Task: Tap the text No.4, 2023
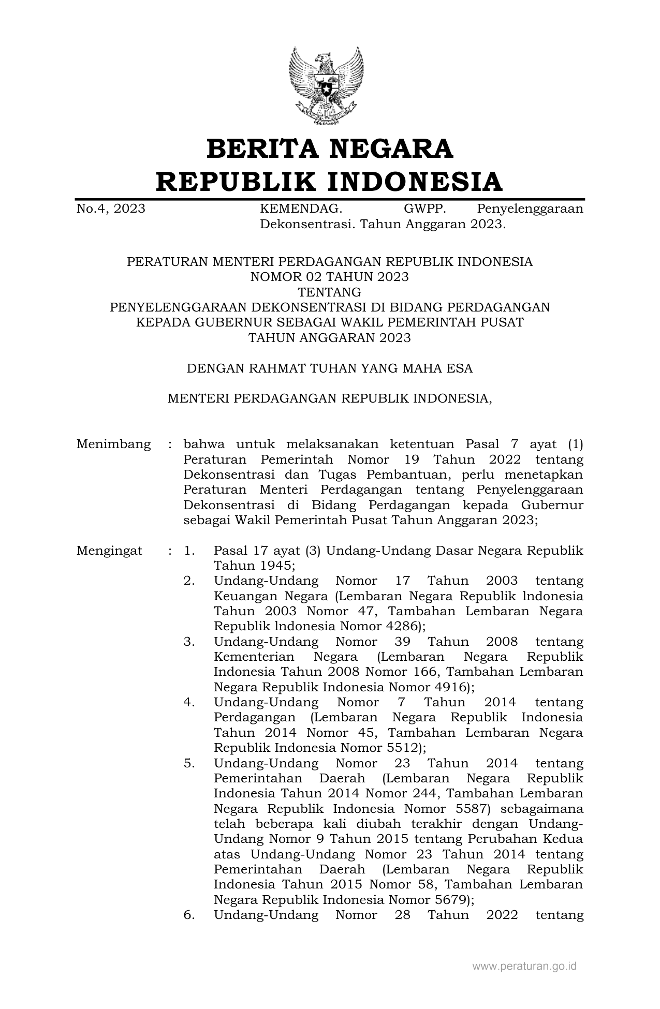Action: [x=111, y=209]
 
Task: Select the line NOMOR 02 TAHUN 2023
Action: [x=330, y=277]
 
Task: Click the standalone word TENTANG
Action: [x=330, y=292]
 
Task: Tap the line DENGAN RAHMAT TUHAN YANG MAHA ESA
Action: [x=330, y=368]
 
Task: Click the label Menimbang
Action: [x=114, y=444]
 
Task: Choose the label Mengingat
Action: [x=109, y=551]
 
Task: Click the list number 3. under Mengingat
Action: [x=189, y=642]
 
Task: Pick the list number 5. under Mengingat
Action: [x=189, y=763]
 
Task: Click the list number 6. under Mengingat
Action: [x=189, y=915]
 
